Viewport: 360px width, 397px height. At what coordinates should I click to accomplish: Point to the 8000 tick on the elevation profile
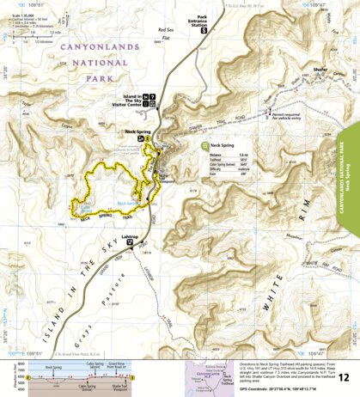(20, 365)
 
